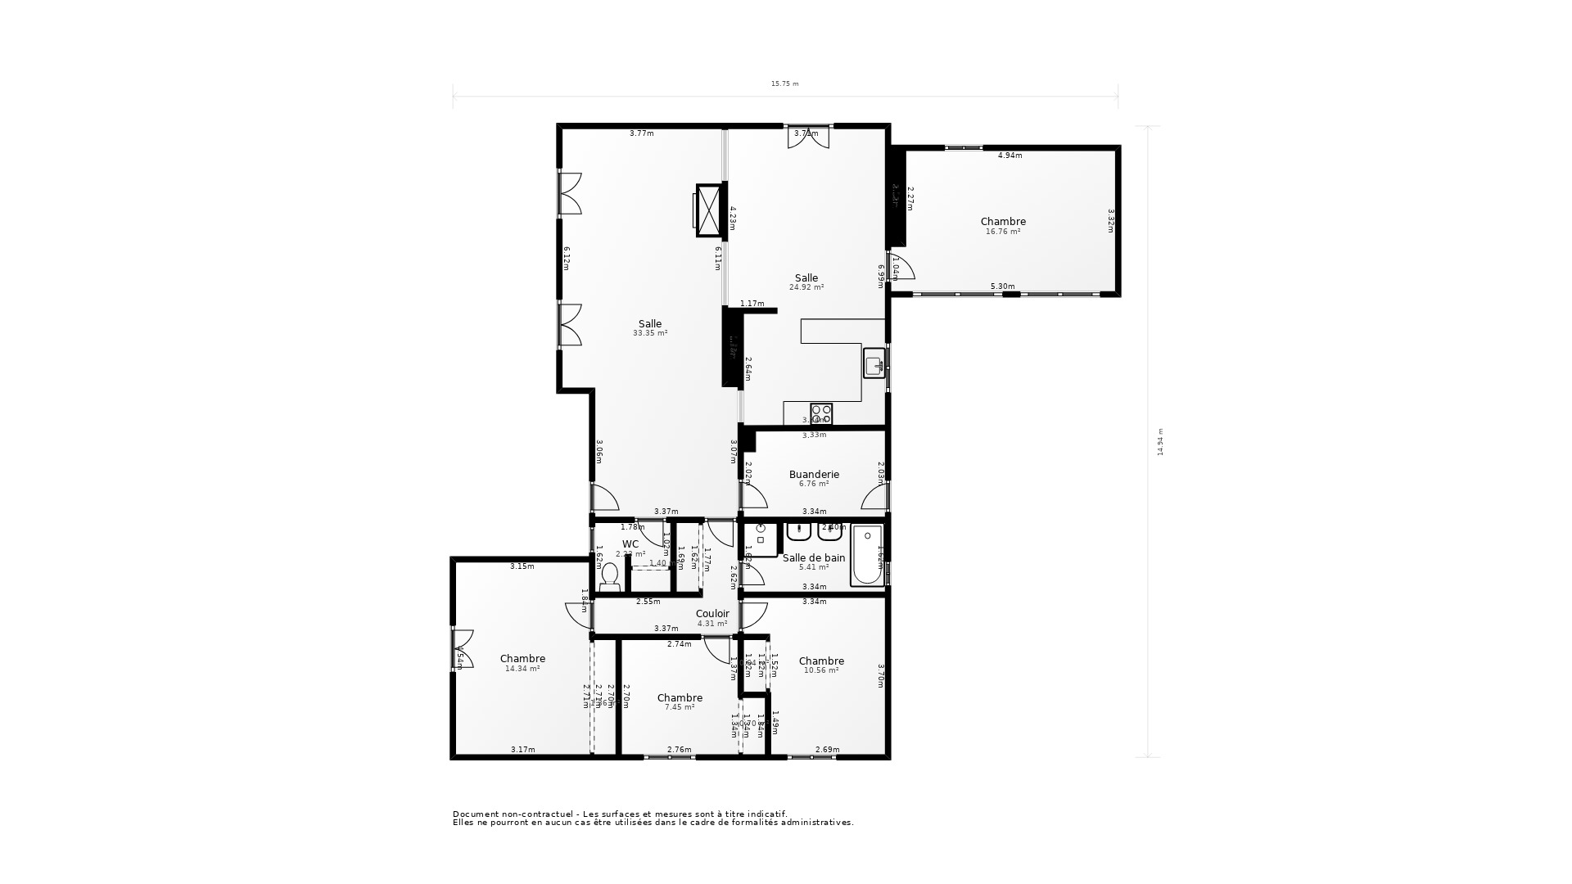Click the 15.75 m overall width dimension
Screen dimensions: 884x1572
(784, 83)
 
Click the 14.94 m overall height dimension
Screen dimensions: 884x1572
(1160, 441)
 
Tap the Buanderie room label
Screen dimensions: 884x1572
(814, 474)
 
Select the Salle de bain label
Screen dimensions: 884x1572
(814, 557)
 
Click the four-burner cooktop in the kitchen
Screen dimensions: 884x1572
(821, 413)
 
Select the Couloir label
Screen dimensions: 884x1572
(712, 613)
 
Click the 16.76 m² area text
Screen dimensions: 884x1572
(1003, 232)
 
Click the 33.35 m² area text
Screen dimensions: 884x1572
(650, 333)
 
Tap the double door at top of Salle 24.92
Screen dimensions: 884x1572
(808, 138)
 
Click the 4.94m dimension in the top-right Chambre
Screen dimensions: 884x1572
(1010, 155)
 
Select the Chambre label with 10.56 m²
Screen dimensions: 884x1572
(821, 661)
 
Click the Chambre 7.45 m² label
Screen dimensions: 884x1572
(680, 697)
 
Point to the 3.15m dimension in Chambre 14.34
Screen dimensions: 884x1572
(522, 566)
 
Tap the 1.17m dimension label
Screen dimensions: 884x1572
(752, 304)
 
